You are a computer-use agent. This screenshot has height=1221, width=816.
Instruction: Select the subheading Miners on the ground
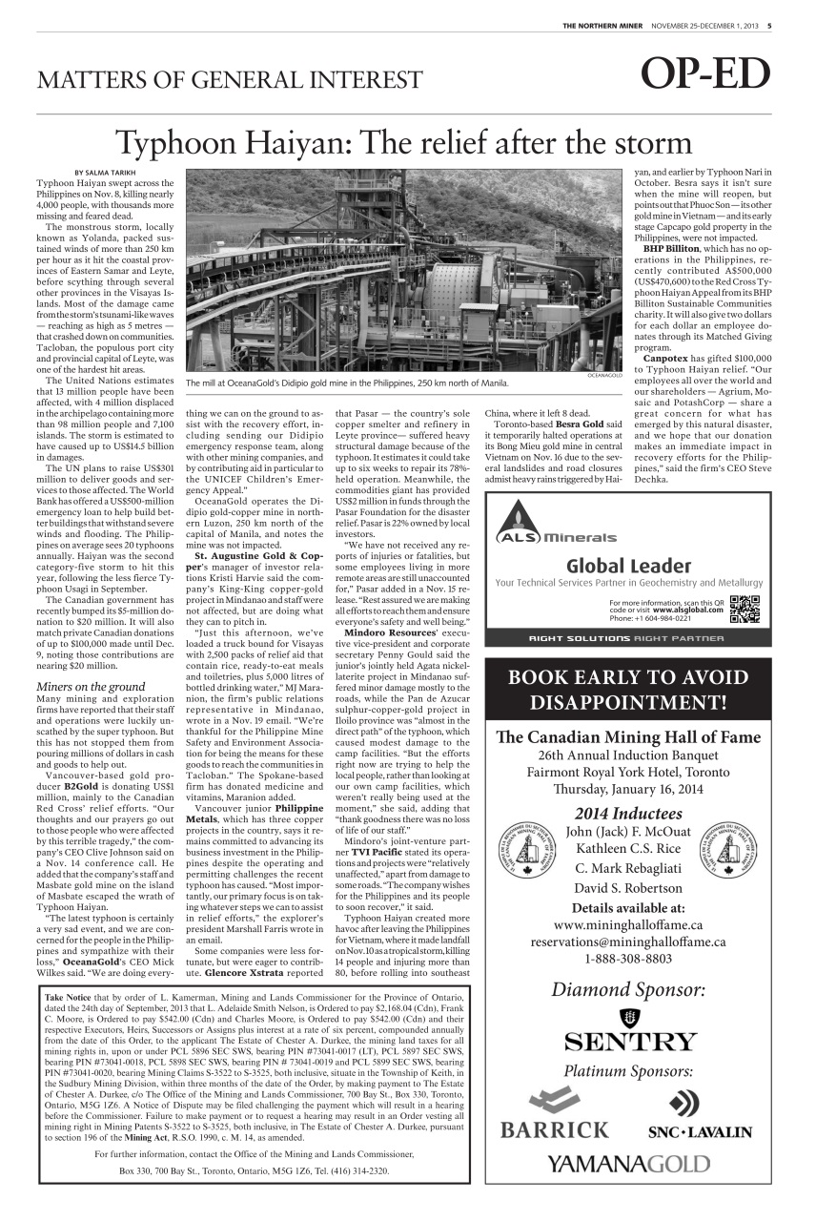[91, 686]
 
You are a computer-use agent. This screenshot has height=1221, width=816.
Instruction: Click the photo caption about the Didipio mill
[347, 383]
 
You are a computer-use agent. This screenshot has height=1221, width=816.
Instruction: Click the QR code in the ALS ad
[744, 608]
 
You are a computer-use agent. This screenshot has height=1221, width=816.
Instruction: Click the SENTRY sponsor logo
[628, 1039]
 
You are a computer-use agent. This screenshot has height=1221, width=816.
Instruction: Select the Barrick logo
[554, 1115]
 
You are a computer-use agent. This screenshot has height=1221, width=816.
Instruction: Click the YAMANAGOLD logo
[628, 1163]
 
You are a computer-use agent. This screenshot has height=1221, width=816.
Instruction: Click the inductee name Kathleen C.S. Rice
[628, 848]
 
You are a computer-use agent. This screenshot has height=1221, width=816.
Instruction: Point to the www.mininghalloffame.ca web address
[628, 924]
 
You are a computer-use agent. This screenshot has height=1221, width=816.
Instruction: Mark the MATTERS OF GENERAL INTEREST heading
[229, 79]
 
